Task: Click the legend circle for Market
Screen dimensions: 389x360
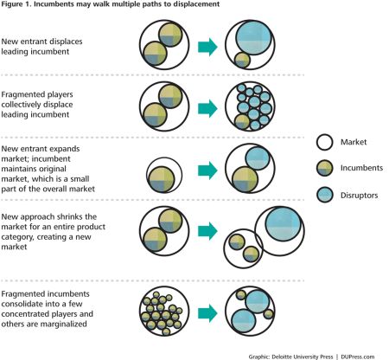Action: coord(324,142)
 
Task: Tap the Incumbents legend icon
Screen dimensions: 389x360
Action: coord(324,168)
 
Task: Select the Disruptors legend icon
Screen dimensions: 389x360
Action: coord(324,195)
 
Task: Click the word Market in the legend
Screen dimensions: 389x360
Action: coord(354,142)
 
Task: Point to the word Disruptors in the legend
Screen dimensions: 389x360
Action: coord(359,196)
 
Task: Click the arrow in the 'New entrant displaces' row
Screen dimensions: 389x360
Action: coord(207,47)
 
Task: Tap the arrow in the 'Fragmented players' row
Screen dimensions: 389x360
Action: coord(207,108)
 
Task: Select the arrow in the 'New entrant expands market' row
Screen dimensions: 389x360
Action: coord(207,170)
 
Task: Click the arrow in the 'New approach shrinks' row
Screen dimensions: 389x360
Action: coord(207,231)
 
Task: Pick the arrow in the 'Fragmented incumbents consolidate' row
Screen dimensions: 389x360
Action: coord(207,313)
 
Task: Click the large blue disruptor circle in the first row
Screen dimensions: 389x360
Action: coord(253,37)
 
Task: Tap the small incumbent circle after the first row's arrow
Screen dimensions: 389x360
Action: coord(242,61)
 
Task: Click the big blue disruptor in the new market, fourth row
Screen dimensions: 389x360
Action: coord(284,224)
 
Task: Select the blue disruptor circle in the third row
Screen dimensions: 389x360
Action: coord(258,158)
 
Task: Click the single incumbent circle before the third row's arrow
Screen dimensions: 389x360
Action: coord(162,179)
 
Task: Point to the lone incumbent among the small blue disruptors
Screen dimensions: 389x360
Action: coord(242,122)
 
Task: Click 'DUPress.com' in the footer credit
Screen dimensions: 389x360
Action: coord(357,357)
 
